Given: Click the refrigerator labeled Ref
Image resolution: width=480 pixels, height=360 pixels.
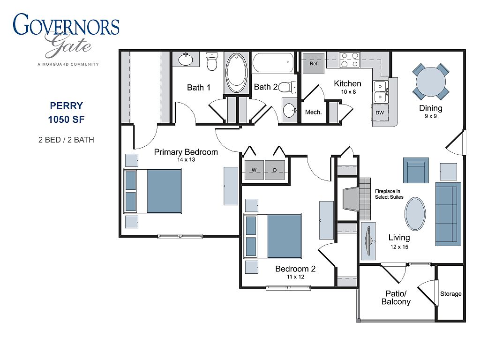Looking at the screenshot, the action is pyautogui.click(x=314, y=63).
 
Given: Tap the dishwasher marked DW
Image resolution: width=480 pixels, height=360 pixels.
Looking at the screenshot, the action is pyautogui.click(x=380, y=112).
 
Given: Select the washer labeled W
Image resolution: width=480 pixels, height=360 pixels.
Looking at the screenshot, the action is pyautogui.click(x=254, y=170).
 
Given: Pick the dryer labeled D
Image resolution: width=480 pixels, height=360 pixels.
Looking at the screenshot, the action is pyautogui.click(x=275, y=170).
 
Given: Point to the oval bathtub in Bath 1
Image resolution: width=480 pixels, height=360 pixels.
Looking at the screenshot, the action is pyautogui.click(x=236, y=73).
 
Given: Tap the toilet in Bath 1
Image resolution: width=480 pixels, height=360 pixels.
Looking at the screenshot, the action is pyautogui.click(x=212, y=61).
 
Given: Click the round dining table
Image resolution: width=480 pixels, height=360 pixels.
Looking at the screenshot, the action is pyautogui.click(x=431, y=82).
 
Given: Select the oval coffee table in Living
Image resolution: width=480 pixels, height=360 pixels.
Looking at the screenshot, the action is pyautogui.click(x=415, y=214).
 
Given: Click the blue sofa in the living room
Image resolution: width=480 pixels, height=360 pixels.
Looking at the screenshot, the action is pyautogui.click(x=448, y=214).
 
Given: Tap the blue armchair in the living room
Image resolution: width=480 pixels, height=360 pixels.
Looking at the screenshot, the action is pyautogui.click(x=416, y=170).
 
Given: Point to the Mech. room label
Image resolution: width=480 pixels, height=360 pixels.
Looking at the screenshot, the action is pyautogui.click(x=313, y=112).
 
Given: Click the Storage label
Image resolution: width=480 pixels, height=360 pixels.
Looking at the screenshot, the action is pyautogui.click(x=450, y=294).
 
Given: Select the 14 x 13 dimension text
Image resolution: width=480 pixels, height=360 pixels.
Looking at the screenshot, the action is pyautogui.click(x=186, y=159).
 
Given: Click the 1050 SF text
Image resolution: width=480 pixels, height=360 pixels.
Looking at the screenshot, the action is pyautogui.click(x=66, y=120).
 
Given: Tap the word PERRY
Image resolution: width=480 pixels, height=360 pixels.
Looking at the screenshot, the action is pyautogui.click(x=67, y=106).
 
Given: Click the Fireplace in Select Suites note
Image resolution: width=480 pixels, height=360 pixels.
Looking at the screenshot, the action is pyautogui.click(x=389, y=194).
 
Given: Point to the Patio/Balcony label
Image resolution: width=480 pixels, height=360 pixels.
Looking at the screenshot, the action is pyautogui.click(x=396, y=298).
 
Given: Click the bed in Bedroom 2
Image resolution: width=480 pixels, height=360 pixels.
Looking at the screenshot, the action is pyautogui.click(x=272, y=236).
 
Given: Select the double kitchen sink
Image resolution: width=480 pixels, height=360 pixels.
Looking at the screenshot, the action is pyautogui.click(x=380, y=91).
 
